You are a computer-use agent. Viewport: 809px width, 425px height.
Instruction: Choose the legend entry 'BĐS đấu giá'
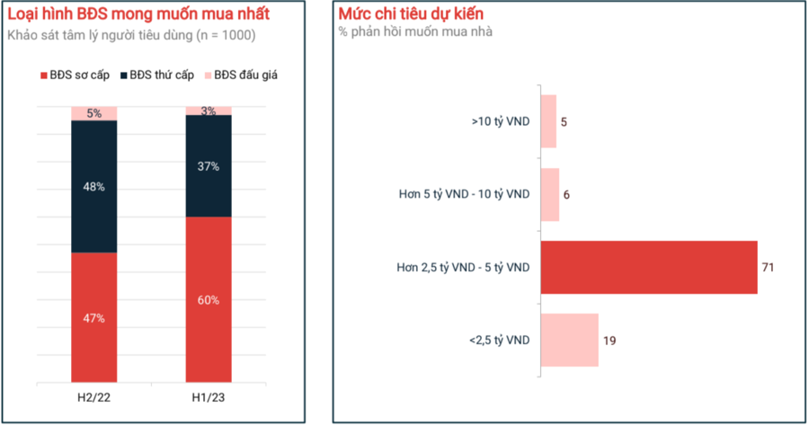coord(242,75)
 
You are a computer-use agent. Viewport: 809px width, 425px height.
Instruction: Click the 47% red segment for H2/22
coord(94,317)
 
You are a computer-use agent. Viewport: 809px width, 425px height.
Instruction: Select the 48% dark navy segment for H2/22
coord(94,187)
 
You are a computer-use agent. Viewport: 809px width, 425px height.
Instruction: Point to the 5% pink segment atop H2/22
coord(94,113)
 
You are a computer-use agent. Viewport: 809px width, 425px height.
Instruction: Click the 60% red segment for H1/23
coord(209,299)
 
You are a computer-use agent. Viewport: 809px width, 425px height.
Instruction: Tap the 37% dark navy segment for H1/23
coord(209,166)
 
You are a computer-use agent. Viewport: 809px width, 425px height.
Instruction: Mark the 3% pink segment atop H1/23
coord(209,111)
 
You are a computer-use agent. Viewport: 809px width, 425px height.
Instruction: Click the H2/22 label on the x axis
coord(94,395)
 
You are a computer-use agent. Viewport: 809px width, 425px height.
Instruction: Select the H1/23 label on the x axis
coord(209,395)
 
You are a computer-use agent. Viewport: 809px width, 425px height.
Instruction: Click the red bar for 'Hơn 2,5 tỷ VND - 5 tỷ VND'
coord(648,267)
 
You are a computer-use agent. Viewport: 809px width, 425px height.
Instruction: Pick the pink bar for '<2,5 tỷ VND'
coord(569,340)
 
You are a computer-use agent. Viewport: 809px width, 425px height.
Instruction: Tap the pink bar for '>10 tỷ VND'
coord(548,121)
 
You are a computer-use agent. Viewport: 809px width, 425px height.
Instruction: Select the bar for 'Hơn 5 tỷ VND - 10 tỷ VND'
coord(549,194)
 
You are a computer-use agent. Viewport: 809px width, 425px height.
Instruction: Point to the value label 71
coord(768,267)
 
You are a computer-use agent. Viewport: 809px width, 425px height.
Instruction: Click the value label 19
coord(609,340)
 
